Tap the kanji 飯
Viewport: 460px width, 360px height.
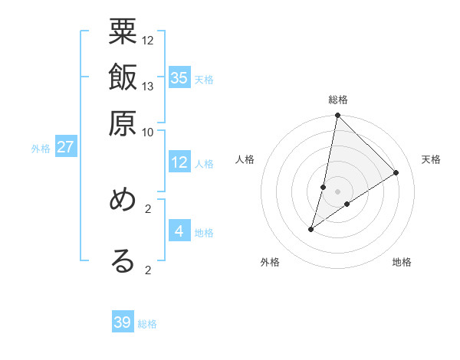click(123, 80)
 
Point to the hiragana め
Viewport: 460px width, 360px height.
click(123, 201)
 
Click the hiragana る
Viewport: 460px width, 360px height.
click(123, 260)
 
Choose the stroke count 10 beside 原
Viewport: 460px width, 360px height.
click(148, 131)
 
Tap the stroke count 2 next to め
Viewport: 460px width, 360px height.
click(148, 208)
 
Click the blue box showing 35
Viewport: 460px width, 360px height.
click(179, 78)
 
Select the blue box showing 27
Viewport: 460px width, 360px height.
click(65, 147)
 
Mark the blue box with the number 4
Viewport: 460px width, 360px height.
click(179, 231)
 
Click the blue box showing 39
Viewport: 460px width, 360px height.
click(123, 322)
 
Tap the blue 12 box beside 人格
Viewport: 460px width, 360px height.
click(179, 162)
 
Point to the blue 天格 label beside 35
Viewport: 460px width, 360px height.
click(204, 80)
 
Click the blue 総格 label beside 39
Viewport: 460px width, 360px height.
click(147, 324)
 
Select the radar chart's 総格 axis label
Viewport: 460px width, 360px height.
click(337, 100)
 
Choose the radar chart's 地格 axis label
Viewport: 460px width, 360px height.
click(402, 262)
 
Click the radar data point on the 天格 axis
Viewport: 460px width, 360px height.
click(396, 172)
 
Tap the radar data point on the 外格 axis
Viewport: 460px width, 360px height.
click(310, 229)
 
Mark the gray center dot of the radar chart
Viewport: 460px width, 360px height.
click(337, 191)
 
